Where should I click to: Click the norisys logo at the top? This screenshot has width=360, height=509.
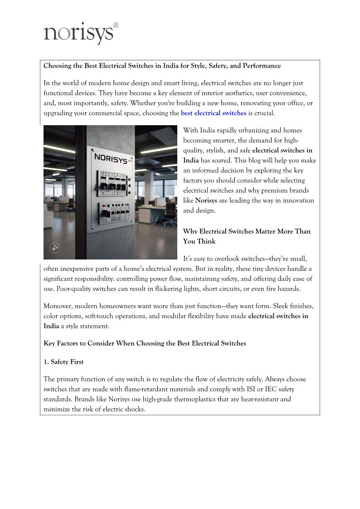[x=78, y=34]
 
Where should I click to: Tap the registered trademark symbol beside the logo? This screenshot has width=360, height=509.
[x=116, y=25]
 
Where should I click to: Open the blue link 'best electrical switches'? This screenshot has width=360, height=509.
[x=214, y=113]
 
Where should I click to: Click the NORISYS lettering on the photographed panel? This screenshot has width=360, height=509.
[x=111, y=159]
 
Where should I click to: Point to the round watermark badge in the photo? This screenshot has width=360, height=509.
[x=55, y=249]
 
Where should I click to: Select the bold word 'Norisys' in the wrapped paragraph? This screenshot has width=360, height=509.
[x=204, y=200]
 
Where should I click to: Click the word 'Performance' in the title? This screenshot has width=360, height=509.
[x=262, y=66]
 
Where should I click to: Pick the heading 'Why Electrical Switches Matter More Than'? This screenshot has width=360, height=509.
[x=247, y=231]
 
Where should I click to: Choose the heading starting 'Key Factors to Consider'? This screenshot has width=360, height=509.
[x=145, y=343]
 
